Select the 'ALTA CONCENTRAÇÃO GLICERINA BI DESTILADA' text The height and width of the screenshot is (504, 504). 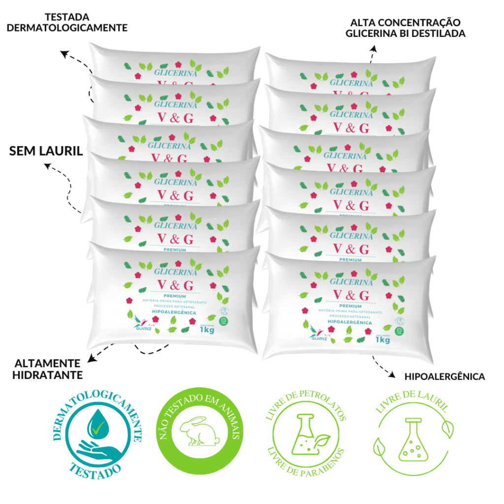click(405, 28)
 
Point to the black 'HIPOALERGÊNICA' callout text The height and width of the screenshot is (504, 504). click(444, 377)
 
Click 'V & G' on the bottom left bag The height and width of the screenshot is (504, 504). click(176, 284)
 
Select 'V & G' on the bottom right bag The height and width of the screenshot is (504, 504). click(351, 295)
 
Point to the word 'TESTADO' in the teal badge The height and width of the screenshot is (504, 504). click(96, 470)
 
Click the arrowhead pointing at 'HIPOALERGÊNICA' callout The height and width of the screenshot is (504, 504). click(392, 376)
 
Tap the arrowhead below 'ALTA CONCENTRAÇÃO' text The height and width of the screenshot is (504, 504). click(374, 49)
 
